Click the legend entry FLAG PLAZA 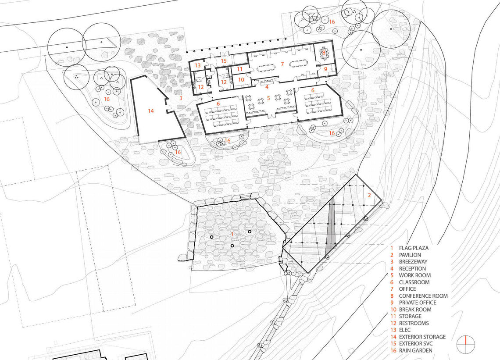point(414,248)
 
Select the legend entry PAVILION point(410,255)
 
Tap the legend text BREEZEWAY point(413,262)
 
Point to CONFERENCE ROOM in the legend point(423,296)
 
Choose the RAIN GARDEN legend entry point(415,350)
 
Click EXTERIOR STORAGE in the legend point(422,337)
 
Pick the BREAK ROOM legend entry point(415,310)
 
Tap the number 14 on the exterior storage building point(151,111)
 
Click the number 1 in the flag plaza point(232,234)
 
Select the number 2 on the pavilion point(369,195)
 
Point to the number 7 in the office point(282,64)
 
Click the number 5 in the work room point(268,99)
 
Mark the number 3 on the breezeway point(180,98)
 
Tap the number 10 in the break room point(241,79)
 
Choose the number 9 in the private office point(325,68)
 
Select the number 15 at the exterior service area point(224,61)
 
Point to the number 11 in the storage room point(239,69)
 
